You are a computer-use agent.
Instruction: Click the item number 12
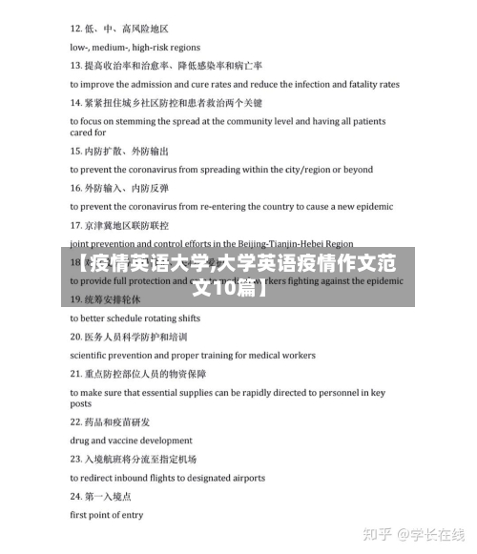(76, 30)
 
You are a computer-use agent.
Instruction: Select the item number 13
(76, 67)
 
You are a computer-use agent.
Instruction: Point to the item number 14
(76, 103)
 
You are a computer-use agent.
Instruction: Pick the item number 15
(76, 151)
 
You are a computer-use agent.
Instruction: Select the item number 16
(76, 188)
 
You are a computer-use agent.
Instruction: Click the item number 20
(76, 337)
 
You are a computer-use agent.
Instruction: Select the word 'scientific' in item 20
(91, 355)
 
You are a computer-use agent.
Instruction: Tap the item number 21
(76, 374)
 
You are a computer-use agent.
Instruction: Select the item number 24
(76, 497)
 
